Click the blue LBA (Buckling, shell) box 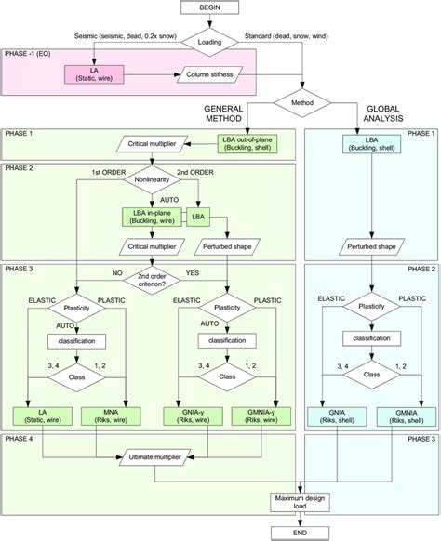coord(371,144)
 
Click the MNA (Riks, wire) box coord(111,414)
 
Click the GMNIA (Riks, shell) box coord(409,414)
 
